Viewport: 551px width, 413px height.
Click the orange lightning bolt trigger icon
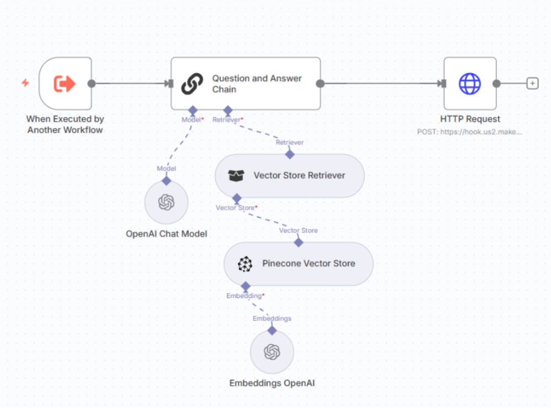(25, 83)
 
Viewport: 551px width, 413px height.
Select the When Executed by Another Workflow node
(66, 84)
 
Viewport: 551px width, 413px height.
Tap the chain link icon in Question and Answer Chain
(192, 84)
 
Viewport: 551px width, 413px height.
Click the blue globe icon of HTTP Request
(470, 84)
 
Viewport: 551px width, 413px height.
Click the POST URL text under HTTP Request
(469, 132)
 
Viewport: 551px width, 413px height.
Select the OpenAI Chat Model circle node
(166, 202)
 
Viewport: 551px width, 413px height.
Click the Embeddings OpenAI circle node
(272, 352)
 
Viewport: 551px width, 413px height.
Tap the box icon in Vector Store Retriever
(236, 175)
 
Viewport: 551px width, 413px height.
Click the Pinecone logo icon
(245, 264)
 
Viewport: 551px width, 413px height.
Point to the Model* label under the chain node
(192, 119)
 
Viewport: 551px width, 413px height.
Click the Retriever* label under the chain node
(228, 119)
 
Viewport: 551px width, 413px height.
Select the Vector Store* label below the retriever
(236, 208)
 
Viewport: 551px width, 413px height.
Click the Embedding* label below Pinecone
(245, 296)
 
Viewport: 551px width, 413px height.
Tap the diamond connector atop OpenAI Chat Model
(166, 181)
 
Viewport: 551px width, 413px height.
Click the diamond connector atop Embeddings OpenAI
(272, 330)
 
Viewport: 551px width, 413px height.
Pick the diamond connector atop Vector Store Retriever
(290, 154)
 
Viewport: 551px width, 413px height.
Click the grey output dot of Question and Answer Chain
(320, 84)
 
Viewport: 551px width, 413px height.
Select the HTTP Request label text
(470, 119)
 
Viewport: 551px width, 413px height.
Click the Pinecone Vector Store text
(309, 263)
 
